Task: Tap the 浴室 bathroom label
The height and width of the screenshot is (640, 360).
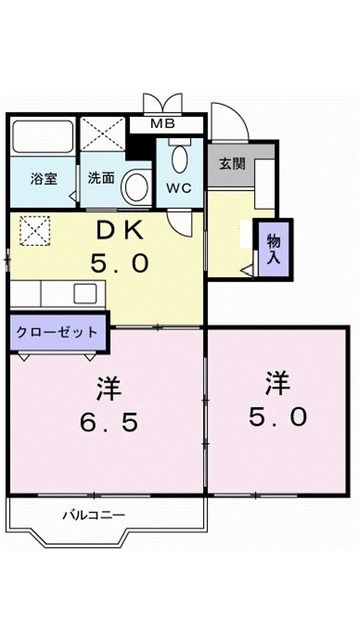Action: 43,179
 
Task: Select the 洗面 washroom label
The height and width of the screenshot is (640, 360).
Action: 100,179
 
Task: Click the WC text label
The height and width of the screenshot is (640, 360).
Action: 180,187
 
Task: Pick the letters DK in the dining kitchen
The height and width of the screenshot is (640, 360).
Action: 123,230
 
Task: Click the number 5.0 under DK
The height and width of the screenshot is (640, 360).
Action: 123,262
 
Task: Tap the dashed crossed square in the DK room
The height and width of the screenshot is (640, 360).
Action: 35,232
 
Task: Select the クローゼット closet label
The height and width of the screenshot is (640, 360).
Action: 58,332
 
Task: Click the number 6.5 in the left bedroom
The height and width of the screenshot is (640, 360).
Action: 109,421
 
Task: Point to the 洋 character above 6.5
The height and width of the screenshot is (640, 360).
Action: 109,386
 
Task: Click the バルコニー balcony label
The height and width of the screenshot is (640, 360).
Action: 94,515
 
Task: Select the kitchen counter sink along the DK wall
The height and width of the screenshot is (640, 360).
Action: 84,294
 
